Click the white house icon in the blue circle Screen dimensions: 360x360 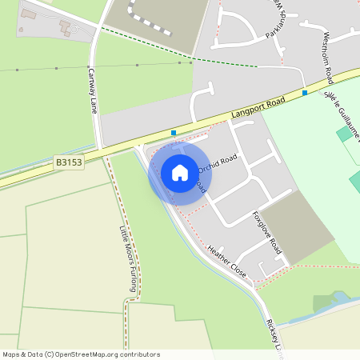coord(180,172)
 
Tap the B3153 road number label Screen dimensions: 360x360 coord(69,162)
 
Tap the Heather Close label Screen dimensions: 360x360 coord(227,260)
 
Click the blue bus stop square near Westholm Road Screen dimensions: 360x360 coord(305,93)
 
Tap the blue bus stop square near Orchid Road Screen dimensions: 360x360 coord(174,133)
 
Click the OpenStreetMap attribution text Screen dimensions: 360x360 coord(82,354)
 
